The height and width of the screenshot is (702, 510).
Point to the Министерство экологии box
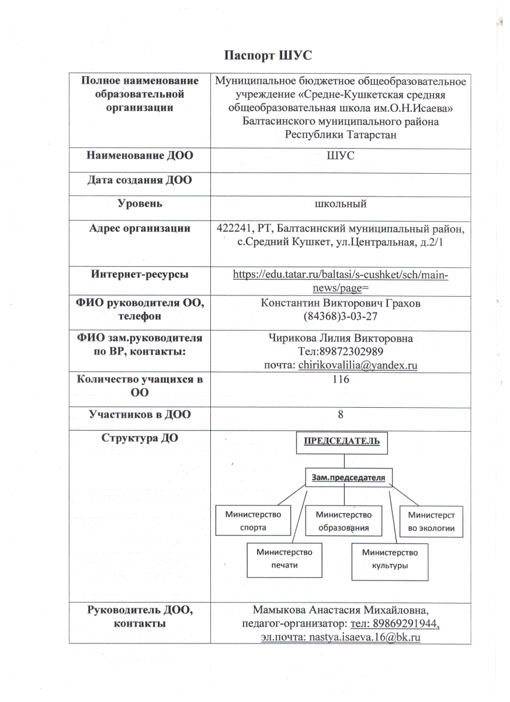click(431, 522)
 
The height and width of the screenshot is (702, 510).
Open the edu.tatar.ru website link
click(341, 280)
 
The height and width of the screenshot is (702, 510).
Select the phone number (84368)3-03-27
click(340, 316)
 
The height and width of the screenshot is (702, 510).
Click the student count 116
click(340, 380)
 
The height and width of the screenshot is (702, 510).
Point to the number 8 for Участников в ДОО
click(340, 414)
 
